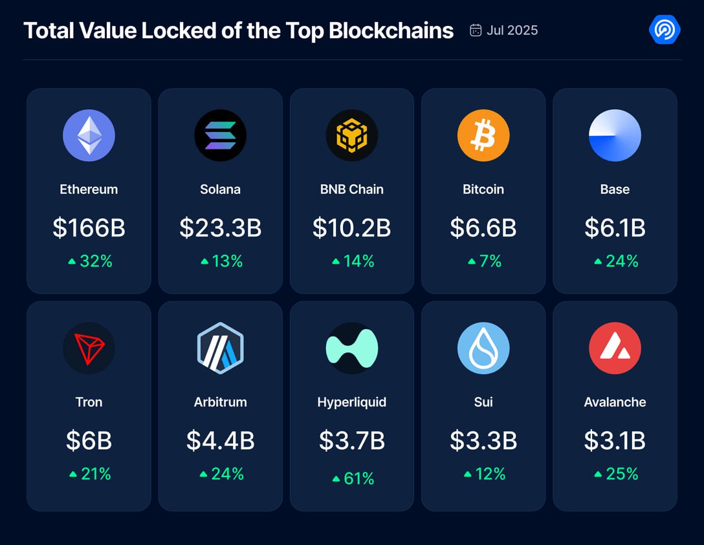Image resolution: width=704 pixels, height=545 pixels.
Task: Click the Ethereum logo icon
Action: pyautogui.click(x=89, y=135)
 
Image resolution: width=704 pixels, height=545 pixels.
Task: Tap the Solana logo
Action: pyautogui.click(x=220, y=135)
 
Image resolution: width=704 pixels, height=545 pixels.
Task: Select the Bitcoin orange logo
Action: pyautogui.click(x=483, y=135)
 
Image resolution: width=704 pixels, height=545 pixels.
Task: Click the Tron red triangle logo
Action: pyautogui.click(x=89, y=348)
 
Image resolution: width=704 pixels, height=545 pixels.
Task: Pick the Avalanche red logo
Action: pyautogui.click(x=615, y=348)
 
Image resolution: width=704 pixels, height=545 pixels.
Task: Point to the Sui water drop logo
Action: pyautogui.click(x=483, y=348)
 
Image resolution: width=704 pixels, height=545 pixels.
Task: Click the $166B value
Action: pyautogui.click(x=89, y=228)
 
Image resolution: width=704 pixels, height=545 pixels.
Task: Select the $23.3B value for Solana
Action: pyautogui.click(x=220, y=228)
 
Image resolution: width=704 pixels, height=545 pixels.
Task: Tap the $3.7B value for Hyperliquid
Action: pyautogui.click(x=352, y=441)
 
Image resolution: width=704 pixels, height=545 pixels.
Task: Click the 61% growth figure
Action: pyautogui.click(x=358, y=478)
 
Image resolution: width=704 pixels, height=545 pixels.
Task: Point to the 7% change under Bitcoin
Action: pyautogui.click(x=490, y=261)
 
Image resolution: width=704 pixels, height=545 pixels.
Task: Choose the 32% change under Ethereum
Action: pyautogui.click(x=96, y=261)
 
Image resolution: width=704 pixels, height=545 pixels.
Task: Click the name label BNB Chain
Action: pyautogui.click(x=352, y=189)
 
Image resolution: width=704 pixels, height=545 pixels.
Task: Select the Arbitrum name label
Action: pyautogui.click(x=220, y=402)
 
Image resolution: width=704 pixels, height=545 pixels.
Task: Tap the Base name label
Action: pyautogui.click(x=615, y=189)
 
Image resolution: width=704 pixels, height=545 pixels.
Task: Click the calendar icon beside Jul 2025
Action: pyautogui.click(x=476, y=30)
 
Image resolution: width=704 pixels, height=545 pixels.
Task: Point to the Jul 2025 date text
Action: pyautogui.click(x=512, y=30)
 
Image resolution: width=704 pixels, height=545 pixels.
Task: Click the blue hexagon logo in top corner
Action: pyautogui.click(x=664, y=30)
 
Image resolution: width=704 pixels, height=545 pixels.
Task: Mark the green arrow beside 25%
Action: pyautogui.click(x=598, y=475)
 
